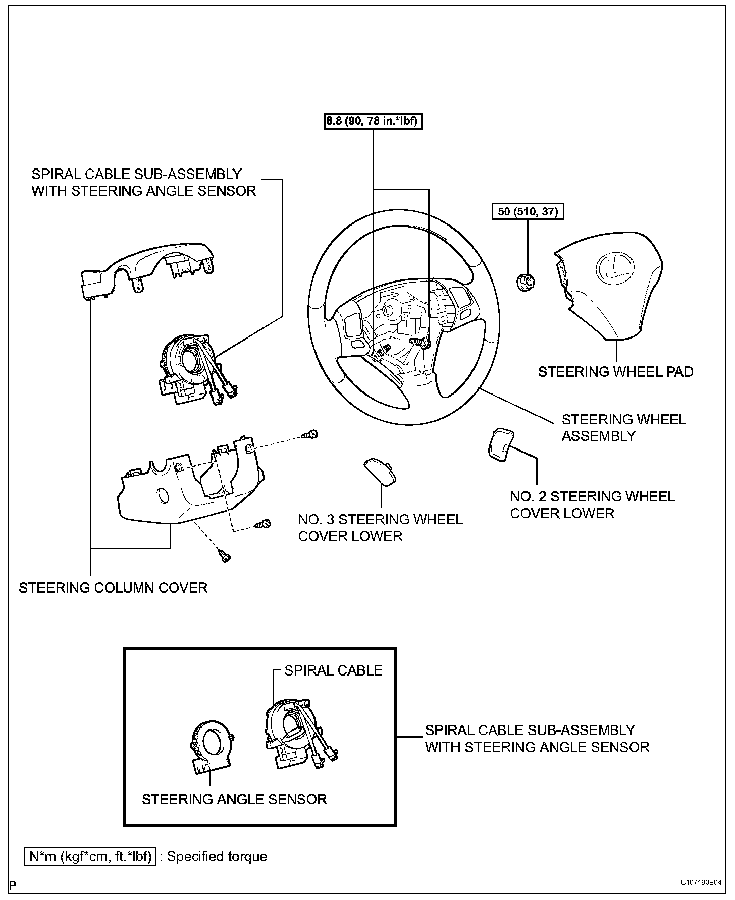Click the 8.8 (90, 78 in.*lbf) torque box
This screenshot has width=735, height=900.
(x=373, y=121)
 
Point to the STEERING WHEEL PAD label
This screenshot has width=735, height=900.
(x=615, y=372)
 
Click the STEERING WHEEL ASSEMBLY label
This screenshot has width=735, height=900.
(x=623, y=427)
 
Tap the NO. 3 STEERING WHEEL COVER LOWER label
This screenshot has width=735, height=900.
(x=380, y=527)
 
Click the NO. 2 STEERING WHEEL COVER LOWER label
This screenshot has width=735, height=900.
(x=592, y=504)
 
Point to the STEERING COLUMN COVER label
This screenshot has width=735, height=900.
(x=113, y=588)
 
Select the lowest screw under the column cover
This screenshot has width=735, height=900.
(x=224, y=556)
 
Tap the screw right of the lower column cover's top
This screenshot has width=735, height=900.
(x=310, y=434)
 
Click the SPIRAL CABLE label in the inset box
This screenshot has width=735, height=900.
(x=333, y=670)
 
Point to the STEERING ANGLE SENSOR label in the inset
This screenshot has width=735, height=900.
(x=234, y=799)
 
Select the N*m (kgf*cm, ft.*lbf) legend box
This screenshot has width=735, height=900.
(x=90, y=856)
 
